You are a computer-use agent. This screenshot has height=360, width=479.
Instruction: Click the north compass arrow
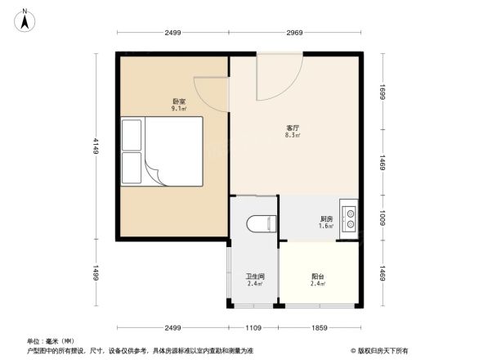pyautogui.click(x=25, y=19)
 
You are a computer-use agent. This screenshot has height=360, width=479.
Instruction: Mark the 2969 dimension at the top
pyautogui.click(x=295, y=32)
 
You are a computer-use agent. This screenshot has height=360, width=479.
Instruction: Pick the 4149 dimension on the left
pyautogui.click(x=96, y=146)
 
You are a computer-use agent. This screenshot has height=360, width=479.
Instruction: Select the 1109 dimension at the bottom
pyautogui.click(x=253, y=328)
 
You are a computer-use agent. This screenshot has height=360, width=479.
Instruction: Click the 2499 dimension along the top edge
pyautogui.click(x=172, y=32)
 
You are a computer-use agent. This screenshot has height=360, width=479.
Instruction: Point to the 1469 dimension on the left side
pyautogui.click(x=96, y=273)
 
